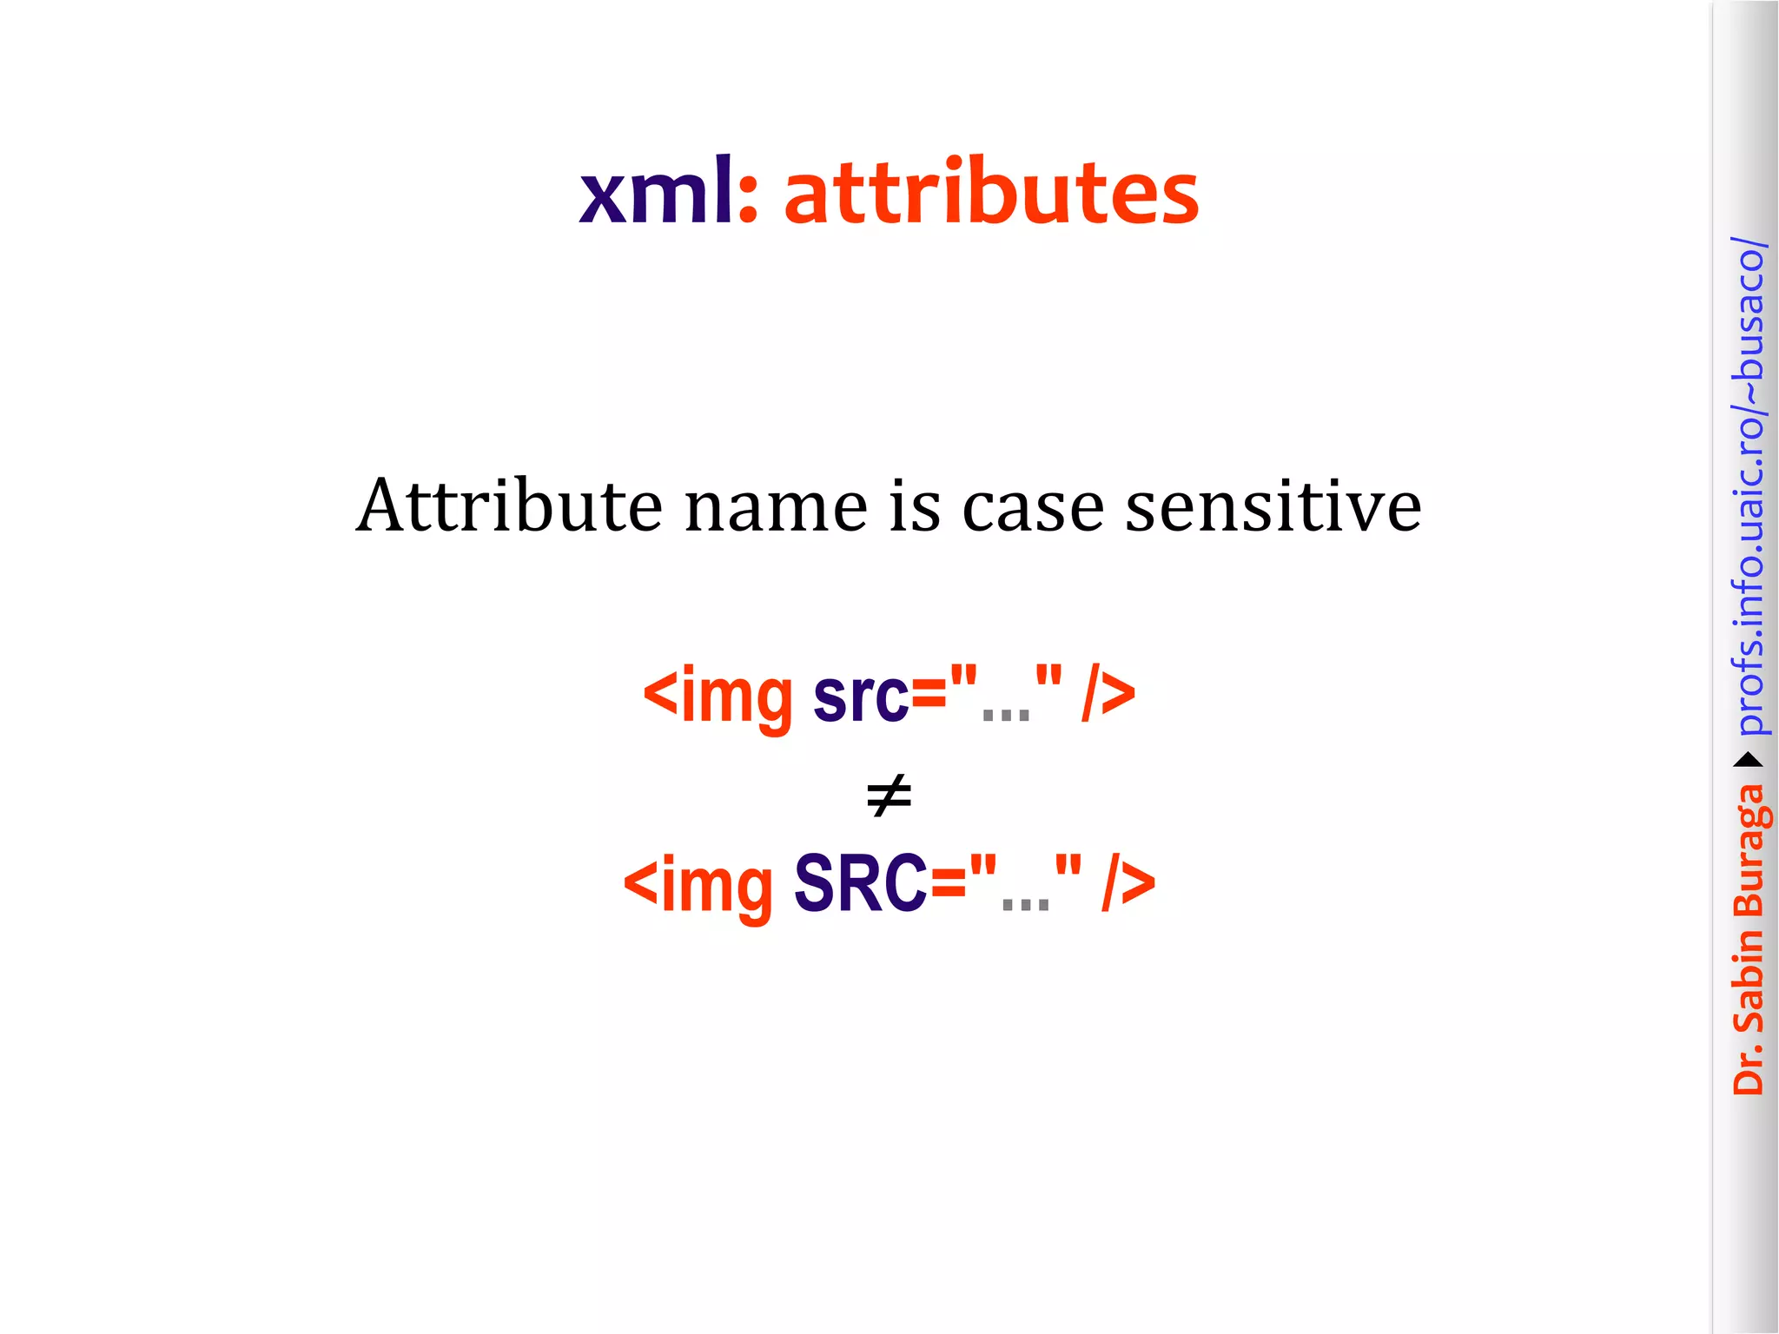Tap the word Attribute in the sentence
509,505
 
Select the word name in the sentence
776,507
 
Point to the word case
1033,507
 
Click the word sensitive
1273,505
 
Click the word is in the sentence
915,505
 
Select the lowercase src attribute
860,696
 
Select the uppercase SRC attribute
860,884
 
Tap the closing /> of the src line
1108,696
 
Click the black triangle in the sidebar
1748,761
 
